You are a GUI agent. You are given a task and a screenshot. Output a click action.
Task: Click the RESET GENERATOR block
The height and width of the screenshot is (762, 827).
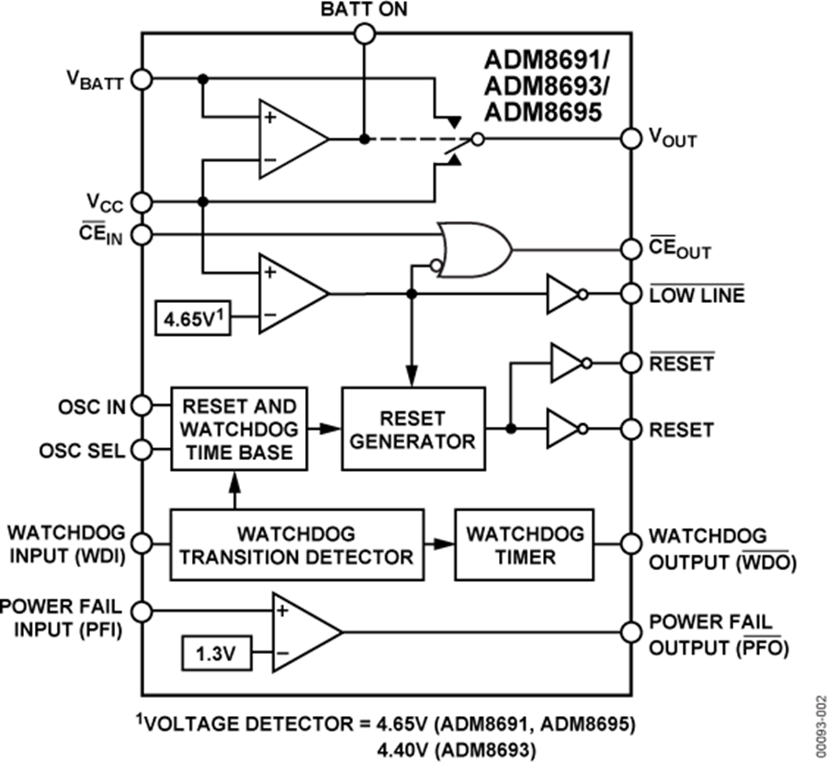[x=413, y=429]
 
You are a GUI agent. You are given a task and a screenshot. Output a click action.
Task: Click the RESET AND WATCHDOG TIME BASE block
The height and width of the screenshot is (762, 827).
[x=239, y=429]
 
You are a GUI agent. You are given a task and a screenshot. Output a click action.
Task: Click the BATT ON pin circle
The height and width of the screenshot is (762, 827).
[x=364, y=34]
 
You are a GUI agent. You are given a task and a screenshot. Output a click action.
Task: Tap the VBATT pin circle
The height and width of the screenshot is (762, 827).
[x=142, y=79]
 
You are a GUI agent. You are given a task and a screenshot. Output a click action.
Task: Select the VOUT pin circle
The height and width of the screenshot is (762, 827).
[x=630, y=140]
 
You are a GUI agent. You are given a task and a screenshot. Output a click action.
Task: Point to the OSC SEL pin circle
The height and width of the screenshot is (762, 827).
[x=142, y=450]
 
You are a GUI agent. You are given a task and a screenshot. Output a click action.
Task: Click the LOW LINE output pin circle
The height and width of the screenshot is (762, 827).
[x=630, y=295]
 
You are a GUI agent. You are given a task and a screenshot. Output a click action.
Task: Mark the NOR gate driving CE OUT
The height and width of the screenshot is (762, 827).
[x=472, y=249]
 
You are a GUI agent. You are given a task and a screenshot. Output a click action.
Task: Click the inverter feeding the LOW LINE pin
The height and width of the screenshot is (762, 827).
[x=563, y=295]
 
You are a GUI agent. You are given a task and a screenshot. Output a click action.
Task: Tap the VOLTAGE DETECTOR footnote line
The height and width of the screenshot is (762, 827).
[x=413, y=721]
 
